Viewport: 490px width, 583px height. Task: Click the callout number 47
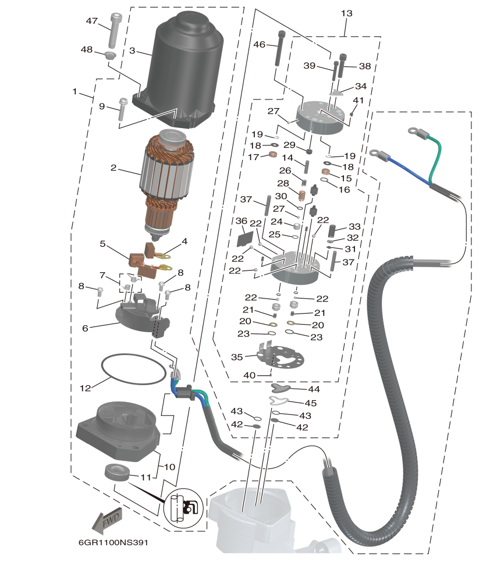(91, 20)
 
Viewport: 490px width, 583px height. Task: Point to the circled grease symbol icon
(184, 508)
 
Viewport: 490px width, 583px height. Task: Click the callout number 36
(241, 221)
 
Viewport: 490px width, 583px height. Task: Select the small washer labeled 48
(109, 56)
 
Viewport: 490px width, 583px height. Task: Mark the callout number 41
(358, 100)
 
